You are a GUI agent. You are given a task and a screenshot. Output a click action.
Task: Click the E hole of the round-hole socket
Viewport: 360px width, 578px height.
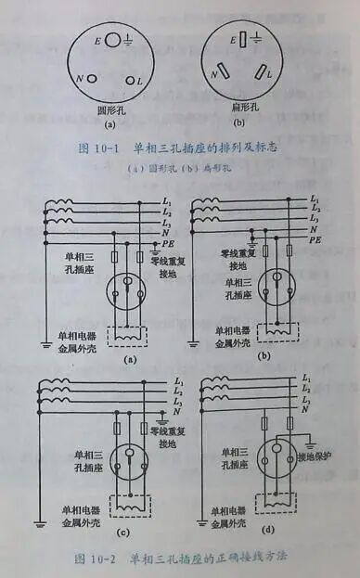[112, 40]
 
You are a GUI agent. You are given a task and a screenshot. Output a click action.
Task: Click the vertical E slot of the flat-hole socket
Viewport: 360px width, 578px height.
[242, 40]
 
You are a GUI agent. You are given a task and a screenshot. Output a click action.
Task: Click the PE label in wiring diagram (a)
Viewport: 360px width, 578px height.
[170, 242]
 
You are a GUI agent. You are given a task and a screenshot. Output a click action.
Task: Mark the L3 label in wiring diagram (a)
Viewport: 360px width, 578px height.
[167, 223]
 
